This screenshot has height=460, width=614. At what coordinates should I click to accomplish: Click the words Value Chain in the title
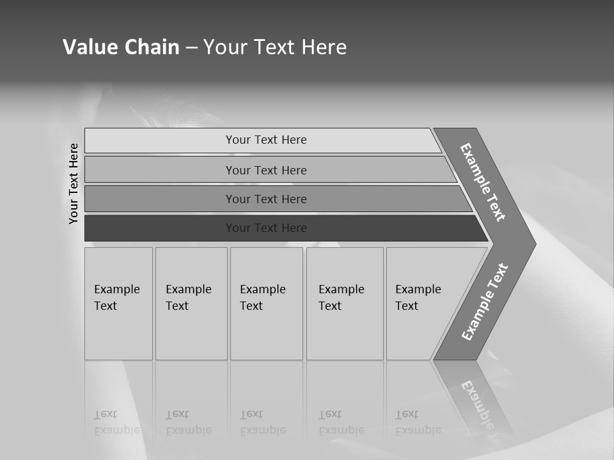coord(121,47)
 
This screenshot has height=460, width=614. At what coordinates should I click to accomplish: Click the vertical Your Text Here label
coord(74,183)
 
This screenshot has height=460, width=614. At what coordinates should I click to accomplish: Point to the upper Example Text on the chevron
coord(483,182)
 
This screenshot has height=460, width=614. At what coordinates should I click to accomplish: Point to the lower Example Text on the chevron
coord(485,302)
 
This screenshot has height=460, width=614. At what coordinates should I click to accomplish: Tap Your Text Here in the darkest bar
coord(266,228)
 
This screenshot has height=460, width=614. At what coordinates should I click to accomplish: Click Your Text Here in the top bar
coord(266,140)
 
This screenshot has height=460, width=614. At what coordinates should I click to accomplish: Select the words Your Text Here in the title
coord(275,47)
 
